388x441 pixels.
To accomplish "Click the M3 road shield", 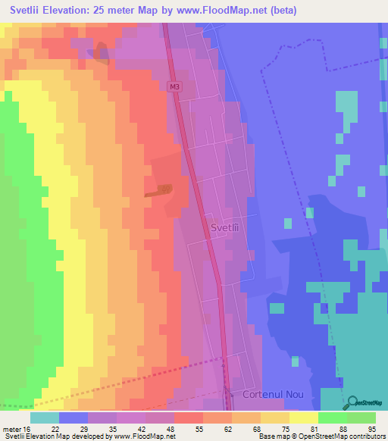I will click(x=175, y=88).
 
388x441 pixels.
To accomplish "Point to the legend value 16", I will click(x=28, y=429).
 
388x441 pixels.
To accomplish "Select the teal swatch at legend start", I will click(x=45, y=418).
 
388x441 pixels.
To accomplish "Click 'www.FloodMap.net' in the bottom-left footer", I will click(x=136, y=437).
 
